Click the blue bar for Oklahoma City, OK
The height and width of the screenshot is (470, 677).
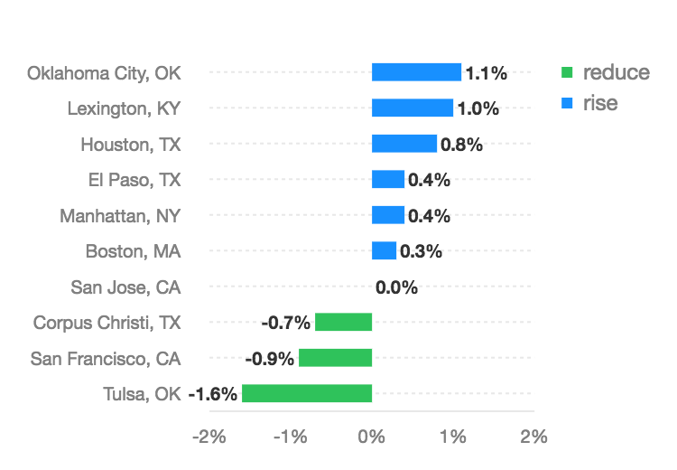(x=416, y=72)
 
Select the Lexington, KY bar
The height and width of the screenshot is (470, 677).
(x=413, y=108)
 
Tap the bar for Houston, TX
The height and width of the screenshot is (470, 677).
(x=404, y=144)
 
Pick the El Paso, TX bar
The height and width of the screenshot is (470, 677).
(x=388, y=179)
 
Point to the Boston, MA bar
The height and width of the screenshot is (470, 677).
(x=384, y=250)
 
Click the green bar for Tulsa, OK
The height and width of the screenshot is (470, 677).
(x=307, y=393)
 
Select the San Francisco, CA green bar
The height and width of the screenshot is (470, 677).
(x=335, y=357)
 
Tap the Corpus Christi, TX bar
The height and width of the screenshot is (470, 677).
(x=343, y=322)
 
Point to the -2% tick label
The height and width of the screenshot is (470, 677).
(x=209, y=437)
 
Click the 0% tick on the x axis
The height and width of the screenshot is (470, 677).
(x=372, y=437)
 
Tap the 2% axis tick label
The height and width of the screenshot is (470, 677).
(x=533, y=437)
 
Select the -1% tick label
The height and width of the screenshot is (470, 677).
(x=291, y=437)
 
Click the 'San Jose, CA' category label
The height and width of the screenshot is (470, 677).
(x=125, y=287)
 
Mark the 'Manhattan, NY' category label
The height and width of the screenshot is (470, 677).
(x=120, y=215)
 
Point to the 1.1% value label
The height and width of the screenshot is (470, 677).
(x=485, y=73)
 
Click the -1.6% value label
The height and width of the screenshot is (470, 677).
(x=213, y=393)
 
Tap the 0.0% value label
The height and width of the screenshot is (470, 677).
(x=396, y=287)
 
